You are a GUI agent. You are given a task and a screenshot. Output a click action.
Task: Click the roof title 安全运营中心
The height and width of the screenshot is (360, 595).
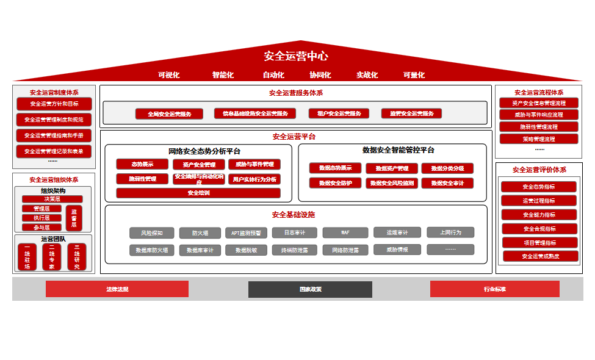point(296,56)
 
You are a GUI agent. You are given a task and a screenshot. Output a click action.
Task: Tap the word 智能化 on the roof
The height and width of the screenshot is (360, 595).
point(223,75)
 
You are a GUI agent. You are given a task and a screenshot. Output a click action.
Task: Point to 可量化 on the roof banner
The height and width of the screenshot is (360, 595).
point(414,75)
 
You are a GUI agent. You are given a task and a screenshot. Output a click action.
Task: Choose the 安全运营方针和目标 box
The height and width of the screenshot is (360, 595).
point(54,104)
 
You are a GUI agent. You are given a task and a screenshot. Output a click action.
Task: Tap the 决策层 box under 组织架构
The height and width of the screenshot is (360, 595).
point(52,199)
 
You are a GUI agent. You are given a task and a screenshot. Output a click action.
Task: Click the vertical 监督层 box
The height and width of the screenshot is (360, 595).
point(74,218)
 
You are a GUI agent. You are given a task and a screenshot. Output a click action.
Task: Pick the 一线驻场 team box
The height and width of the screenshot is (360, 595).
point(27,257)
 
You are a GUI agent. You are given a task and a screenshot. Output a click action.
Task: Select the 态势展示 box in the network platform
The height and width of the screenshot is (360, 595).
point(142,164)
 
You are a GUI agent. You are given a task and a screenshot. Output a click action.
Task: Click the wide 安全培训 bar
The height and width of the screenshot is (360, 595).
point(198,193)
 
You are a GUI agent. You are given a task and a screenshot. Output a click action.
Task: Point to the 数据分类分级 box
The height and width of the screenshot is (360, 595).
point(447,168)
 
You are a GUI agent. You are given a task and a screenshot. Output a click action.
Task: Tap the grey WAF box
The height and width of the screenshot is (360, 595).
point(345,232)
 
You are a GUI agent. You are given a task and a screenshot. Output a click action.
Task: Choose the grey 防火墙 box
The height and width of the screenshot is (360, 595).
point(200,232)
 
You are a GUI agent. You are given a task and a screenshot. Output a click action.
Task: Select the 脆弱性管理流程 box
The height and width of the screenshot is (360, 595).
point(539,127)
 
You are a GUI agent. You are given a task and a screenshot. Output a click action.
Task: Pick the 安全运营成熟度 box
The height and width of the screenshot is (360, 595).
point(539,256)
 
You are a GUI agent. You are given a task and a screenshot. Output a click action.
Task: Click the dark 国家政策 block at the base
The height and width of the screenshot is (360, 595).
point(310,289)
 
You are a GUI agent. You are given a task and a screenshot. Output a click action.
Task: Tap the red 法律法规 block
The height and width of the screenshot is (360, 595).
point(117,289)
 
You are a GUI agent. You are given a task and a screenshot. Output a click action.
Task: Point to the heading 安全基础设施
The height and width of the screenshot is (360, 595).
point(294,215)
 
